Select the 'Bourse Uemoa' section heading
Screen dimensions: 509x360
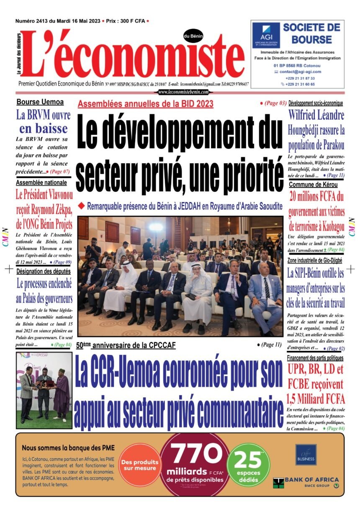pyautogui.click(x=40, y=102)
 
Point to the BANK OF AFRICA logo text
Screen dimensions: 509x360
pyautogui.click(x=306, y=480)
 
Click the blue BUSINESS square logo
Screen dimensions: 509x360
pyautogui.click(x=306, y=454)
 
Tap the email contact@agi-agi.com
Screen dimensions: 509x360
pyautogui.click(x=300, y=72)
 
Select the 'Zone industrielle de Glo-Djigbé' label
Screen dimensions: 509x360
pyautogui.click(x=315, y=260)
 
